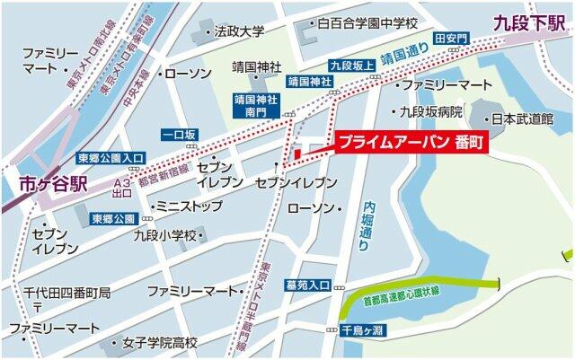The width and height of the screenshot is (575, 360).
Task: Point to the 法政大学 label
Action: pyautogui.click(x=240, y=31)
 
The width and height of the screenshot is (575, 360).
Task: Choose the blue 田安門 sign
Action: pyautogui.click(x=452, y=40)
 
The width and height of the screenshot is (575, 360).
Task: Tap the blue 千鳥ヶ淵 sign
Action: pyautogui.click(x=362, y=329)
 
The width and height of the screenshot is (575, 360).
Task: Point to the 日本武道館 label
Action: pyautogui.click(x=527, y=118)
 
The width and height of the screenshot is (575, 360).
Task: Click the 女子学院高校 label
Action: pyautogui.click(x=160, y=342)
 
